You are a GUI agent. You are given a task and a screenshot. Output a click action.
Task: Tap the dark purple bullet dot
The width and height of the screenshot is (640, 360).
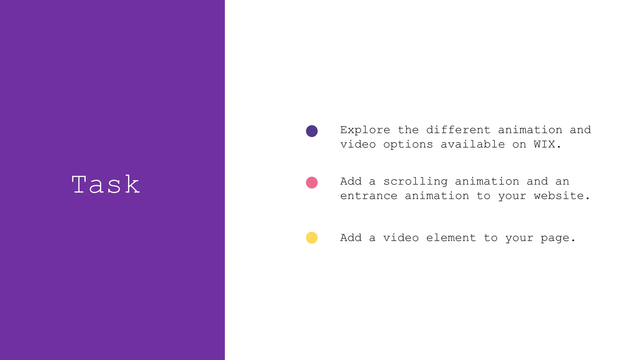pos(312,131)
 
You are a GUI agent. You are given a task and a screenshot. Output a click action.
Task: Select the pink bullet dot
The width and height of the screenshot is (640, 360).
pos(312,182)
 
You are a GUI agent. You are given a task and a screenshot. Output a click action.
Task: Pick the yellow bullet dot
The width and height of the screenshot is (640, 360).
pos(312,237)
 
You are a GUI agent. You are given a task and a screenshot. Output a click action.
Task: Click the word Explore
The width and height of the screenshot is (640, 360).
pos(365,130)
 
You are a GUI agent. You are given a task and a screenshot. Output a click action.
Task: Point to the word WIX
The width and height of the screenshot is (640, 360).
pos(544,144)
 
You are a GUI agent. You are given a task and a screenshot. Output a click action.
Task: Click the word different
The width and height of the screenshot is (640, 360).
pos(458,130)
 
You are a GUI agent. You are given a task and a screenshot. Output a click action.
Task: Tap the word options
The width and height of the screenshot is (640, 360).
pos(408,145)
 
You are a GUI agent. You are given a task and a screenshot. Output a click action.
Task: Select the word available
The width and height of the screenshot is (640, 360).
pos(472,144)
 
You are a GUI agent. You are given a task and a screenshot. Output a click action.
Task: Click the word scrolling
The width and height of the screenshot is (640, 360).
pos(415,182)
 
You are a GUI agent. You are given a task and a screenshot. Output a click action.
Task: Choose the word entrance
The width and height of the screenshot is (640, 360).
pos(369,196)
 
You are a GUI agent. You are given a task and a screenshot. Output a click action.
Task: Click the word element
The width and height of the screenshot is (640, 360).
pos(451,238)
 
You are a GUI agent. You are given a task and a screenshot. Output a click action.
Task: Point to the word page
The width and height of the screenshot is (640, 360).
pos(555,238)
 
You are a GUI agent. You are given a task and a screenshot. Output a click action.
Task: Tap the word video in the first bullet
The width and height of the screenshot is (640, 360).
pos(358,144)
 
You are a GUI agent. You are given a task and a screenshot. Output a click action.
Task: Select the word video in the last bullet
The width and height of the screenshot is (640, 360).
pos(401,238)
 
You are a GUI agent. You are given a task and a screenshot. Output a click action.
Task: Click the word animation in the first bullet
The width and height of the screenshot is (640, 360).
pos(530,130)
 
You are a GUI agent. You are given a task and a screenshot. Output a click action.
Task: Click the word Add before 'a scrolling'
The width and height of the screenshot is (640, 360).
pos(351,181)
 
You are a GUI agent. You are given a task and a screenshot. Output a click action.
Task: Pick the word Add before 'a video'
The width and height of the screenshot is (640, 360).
pos(351,238)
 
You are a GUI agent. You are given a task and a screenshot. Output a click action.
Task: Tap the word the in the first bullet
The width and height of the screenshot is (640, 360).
pos(408,130)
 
